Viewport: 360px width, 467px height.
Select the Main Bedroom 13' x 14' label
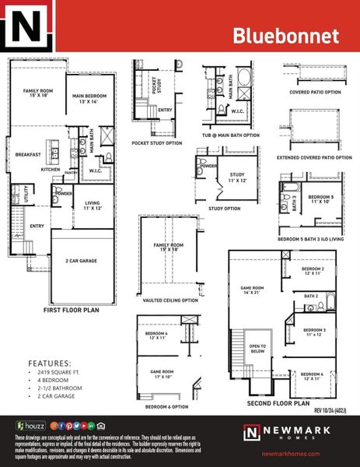[89, 98]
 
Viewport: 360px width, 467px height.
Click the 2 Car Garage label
[81, 261]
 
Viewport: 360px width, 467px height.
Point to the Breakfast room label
[27, 154]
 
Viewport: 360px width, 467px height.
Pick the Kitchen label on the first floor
[51, 169]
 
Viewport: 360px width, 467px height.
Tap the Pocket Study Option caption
[156, 142]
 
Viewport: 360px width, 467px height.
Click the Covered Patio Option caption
[315, 92]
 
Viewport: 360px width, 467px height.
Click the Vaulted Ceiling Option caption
[170, 300]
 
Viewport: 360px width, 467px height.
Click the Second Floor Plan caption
[278, 404]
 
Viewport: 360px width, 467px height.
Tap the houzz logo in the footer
[30, 427]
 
